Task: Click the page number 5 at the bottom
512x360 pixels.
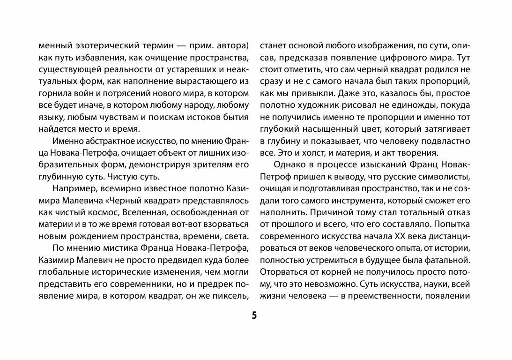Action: pos(254,315)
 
